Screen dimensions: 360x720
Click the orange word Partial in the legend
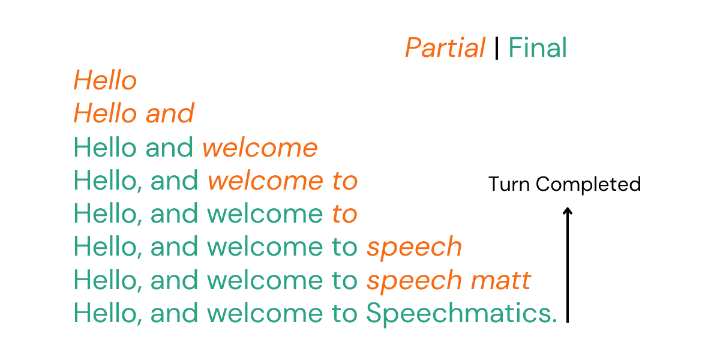tap(445, 48)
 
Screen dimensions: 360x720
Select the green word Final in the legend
tap(538, 48)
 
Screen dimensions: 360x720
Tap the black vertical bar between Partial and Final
tap(497, 48)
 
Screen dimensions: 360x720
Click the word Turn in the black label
tap(509, 184)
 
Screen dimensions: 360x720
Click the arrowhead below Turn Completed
tap(568, 211)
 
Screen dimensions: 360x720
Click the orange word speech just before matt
tap(414, 280)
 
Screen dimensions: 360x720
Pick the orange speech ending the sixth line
tap(414, 247)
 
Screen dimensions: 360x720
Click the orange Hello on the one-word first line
tap(105, 81)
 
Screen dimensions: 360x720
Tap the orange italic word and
tap(170, 114)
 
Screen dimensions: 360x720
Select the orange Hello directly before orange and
tap(105, 114)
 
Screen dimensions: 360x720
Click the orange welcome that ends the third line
tap(260, 148)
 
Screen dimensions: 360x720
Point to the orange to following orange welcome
tap(344, 181)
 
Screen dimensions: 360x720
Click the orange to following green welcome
tap(344, 214)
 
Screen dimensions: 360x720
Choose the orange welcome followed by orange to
tap(265, 181)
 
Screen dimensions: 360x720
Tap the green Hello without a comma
tap(105, 148)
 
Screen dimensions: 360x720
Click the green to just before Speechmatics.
tap(344, 313)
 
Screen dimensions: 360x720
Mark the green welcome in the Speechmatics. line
tap(265, 313)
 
